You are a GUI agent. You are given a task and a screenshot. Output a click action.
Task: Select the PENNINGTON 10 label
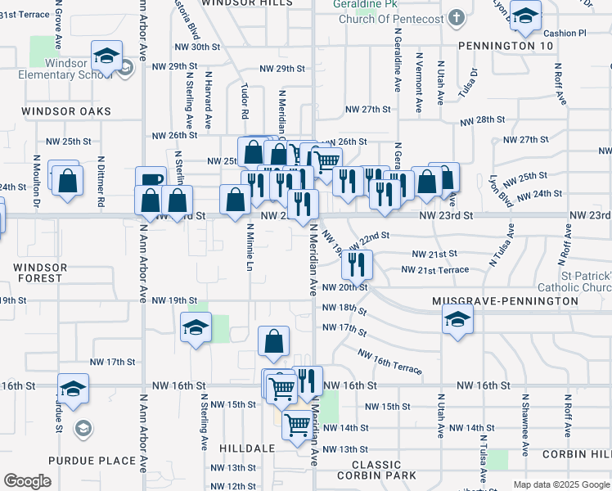[x=506, y=46]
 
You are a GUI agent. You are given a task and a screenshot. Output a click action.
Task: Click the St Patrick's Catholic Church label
[x=574, y=280]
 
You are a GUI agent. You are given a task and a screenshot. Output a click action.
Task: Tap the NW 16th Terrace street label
[x=389, y=362]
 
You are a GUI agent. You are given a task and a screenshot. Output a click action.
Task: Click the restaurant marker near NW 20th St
[x=357, y=264]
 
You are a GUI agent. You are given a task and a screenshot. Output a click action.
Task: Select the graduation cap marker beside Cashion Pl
[x=525, y=14]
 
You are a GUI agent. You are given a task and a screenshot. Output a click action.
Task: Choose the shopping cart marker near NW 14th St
[x=296, y=424]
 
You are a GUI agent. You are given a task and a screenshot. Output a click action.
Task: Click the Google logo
[x=28, y=481]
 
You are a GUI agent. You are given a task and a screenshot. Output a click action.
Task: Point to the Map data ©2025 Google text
[x=560, y=484]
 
